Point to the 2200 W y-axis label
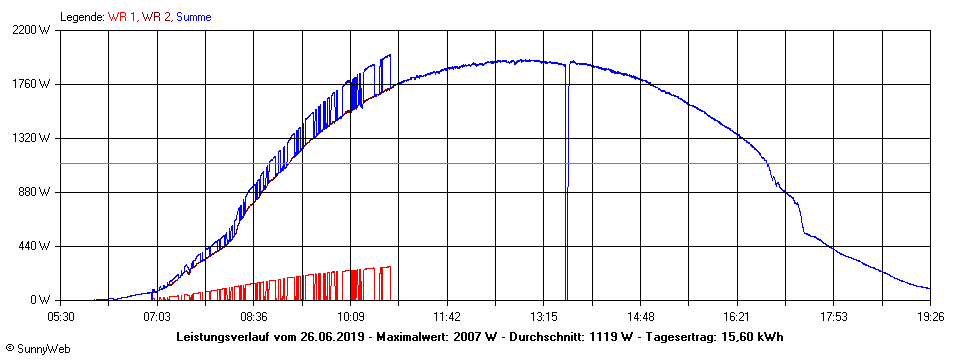click(x=32, y=30)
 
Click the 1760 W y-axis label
click(x=32, y=84)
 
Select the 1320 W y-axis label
click(x=32, y=138)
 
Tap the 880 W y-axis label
click(x=35, y=192)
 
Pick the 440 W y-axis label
click(x=35, y=246)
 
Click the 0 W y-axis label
click(x=41, y=300)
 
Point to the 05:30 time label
click(x=61, y=316)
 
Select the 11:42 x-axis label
click(x=447, y=316)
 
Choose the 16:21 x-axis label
click(x=736, y=316)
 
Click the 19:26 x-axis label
click(x=930, y=316)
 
